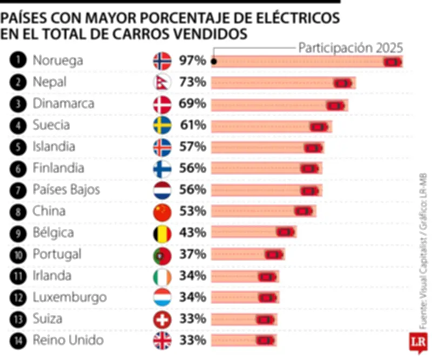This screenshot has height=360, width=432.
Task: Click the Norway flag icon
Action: click(163, 61)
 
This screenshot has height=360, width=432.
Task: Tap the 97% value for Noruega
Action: click(192, 61)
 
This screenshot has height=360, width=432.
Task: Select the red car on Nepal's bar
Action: click(342, 83)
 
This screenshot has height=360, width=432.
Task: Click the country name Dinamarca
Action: click(64, 104)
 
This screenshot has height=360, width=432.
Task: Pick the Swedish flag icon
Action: click(163, 125)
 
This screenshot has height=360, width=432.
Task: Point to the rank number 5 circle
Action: click(18, 147)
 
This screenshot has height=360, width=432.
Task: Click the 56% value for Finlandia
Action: click(192, 168)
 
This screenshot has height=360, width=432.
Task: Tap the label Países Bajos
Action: click(66, 190)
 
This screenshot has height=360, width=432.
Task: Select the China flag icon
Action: click(163, 211)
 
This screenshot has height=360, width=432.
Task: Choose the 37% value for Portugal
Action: click(192, 254)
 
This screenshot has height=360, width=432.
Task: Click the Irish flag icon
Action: click(163, 276)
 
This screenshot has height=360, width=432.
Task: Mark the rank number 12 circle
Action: click(18, 297)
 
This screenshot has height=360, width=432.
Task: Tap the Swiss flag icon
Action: click(163, 319)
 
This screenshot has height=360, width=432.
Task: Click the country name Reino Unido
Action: click(68, 341)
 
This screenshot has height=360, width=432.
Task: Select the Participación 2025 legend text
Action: click(350, 48)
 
